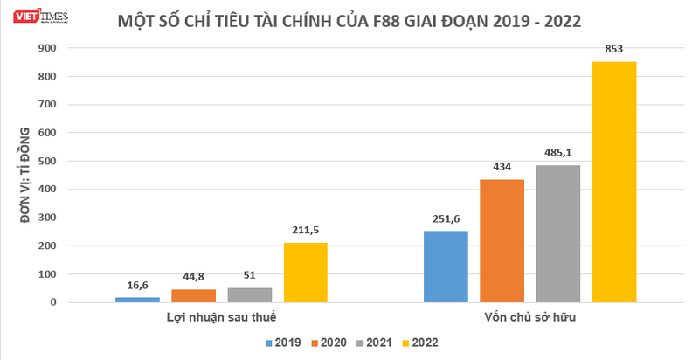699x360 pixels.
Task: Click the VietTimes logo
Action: coord(26,14)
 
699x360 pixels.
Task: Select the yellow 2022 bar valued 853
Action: coord(614,182)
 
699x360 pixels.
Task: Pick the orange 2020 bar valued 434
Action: coord(502,241)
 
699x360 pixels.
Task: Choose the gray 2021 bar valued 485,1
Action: coord(557,233)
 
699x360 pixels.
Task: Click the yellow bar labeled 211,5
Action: coord(306,273)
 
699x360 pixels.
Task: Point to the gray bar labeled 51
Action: coord(250,295)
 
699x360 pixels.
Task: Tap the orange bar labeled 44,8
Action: coord(193,296)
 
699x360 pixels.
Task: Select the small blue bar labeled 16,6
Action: coord(137,300)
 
